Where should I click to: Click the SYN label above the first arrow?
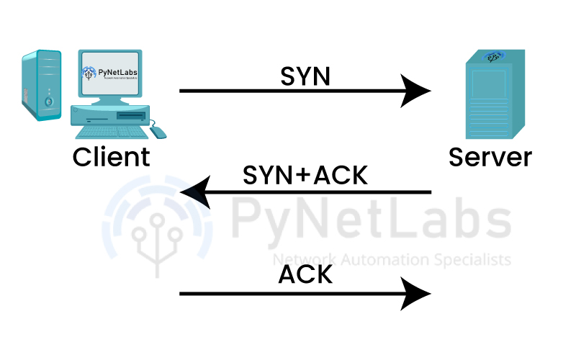305,75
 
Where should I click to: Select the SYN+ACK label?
305,175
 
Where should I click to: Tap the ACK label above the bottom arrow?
305,275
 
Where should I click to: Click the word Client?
112,156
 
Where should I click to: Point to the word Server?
490,156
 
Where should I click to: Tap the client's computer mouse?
158,132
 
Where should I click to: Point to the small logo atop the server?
494,55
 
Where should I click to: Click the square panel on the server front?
490,84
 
